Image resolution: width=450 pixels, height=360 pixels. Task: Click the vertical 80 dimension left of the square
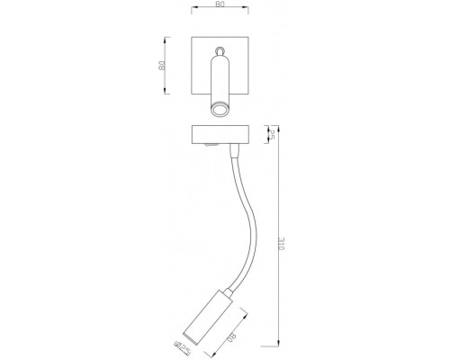[x=161, y=65]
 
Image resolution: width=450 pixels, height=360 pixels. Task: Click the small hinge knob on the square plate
[x=219, y=49]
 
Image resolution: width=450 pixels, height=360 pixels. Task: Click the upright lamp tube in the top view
[x=219, y=81]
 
